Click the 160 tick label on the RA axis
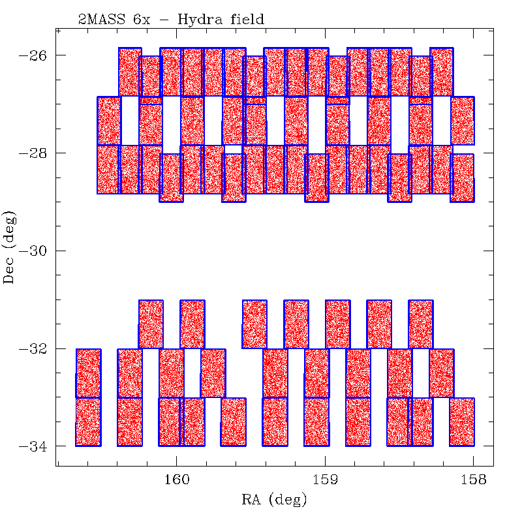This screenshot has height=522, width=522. point(177,480)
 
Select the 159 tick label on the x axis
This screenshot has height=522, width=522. point(325,480)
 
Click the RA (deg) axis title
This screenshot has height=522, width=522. point(274,500)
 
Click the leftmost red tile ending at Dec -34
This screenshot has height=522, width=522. point(88,422)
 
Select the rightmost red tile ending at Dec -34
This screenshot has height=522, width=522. point(462,422)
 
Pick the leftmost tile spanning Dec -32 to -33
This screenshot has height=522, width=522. point(88,373)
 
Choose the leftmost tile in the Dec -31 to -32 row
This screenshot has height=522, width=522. point(151,324)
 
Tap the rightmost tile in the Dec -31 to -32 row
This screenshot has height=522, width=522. point(421,324)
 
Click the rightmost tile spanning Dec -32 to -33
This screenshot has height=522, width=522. point(441,373)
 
